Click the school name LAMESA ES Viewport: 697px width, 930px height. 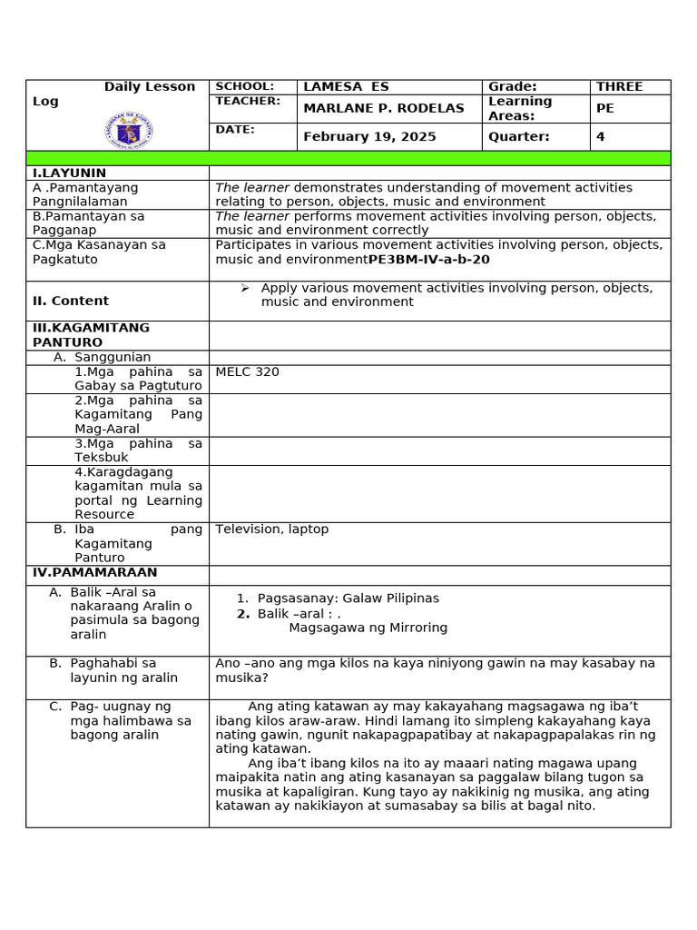[346, 87]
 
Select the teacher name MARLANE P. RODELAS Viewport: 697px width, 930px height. [383, 108]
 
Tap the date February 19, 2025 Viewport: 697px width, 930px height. [369, 137]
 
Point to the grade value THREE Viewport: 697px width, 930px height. [619, 87]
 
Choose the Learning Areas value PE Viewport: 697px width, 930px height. [604, 108]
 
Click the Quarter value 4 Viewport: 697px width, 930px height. [600, 137]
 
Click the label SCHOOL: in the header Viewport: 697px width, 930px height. [244, 86]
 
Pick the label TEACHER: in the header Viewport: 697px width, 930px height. [248, 101]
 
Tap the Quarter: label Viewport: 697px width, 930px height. [519, 137]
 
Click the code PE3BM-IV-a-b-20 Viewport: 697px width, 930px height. [428, 260]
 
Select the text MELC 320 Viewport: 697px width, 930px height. [247, 371]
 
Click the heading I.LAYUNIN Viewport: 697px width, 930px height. [69, 173]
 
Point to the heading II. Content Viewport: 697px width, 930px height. [71, 301]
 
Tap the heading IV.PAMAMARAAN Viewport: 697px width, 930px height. [94, 573]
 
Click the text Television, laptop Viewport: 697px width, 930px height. [271, 529]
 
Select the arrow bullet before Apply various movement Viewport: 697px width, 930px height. [245, 288]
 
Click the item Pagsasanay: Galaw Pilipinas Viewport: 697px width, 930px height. [348, 599]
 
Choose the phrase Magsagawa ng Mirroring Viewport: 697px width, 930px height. [368, 628]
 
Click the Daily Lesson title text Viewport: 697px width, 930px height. [149, 87]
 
